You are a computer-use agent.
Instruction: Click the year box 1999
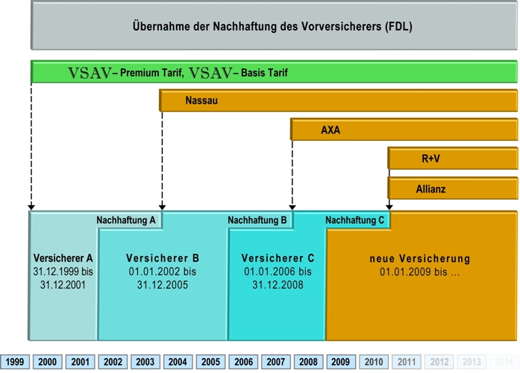(15, 362)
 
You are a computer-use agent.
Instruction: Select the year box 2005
(210, 362)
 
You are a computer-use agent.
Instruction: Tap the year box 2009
(341, 362)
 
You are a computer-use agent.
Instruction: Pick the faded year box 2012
(439, 362)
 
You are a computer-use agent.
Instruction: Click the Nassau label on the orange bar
(201, 100)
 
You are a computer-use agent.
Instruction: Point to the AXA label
(331, 130)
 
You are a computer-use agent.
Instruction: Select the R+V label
(430, 158)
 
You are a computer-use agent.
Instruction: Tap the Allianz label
(430, 189)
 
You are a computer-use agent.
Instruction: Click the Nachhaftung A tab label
(126, 220)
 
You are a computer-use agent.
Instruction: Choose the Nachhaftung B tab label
(257, 220)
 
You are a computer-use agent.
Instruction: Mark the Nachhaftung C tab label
(355, 220)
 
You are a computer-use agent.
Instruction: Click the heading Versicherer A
(63, 258)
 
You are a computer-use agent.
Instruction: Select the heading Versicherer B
(163, 258)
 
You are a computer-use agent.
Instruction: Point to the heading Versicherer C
(278, 258)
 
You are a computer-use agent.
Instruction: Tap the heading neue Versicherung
(420, 258)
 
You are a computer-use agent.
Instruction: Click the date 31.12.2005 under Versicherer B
(163, 285)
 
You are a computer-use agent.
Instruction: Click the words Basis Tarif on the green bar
(264, 72)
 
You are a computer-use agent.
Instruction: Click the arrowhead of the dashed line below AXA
(292, 207)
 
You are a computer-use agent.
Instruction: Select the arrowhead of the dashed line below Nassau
(162, 207)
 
